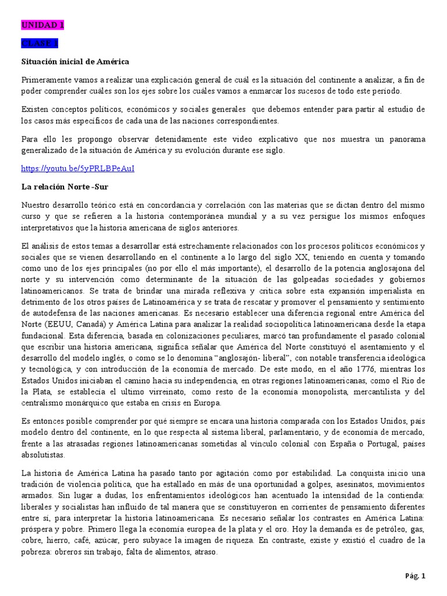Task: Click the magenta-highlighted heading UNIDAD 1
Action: [42, 25]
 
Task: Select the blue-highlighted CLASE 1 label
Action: [40, 43]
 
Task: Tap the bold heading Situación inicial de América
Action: [75, 61]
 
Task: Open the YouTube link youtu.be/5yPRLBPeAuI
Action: [81, 168]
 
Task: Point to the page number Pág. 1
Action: [416, 576]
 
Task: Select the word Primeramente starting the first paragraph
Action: [46, 79]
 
